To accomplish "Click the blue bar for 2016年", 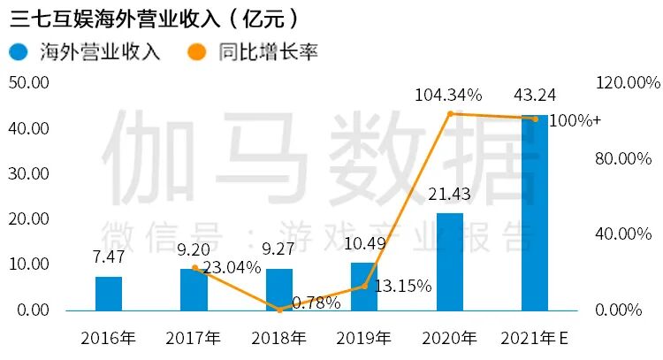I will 109,294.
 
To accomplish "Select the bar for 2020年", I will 450,262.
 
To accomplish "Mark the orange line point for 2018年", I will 279,310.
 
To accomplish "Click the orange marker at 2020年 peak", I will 450,113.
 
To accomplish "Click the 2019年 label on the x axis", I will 364,338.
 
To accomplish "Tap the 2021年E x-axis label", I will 534,338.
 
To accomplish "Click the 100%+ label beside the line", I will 575,120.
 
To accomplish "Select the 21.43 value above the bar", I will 450,194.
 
